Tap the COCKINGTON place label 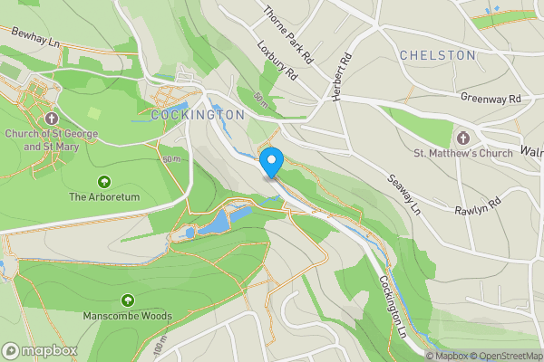click(198, 116)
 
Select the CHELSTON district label click(437, 55)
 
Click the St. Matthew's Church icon click(462, 138)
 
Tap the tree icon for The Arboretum click(103, 181)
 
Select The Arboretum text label click(104, 196)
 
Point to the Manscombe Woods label click(127, 316)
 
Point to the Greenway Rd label click(491, 98)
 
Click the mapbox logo click(40, 350)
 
